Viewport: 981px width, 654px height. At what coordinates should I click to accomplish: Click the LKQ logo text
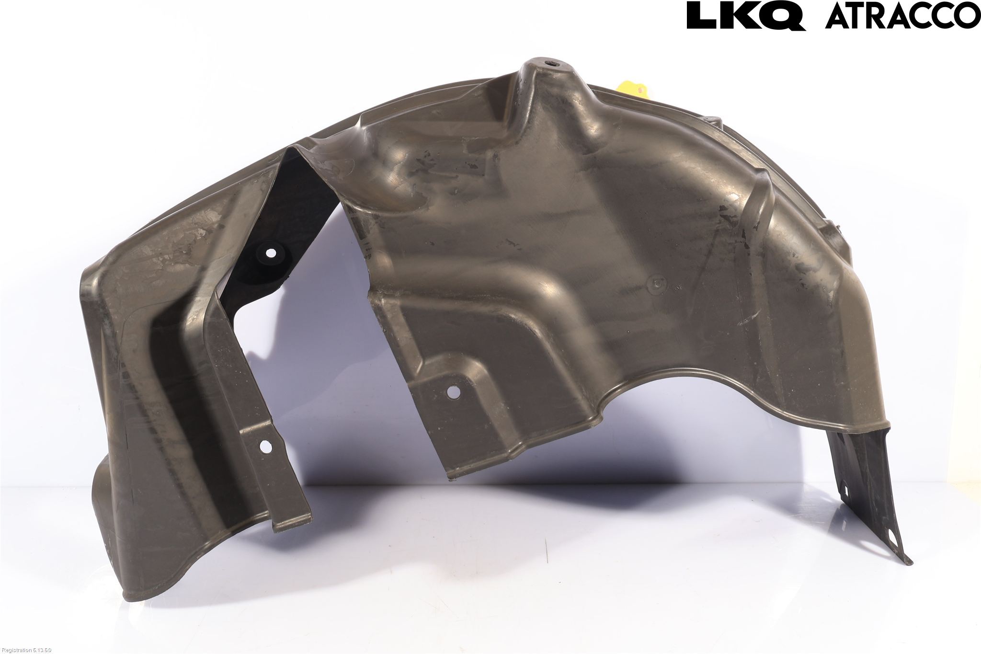pyautogui.click(x=745, y=16)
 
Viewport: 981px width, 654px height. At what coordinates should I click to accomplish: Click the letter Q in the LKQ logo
pyautogui.click(x=785, y=17)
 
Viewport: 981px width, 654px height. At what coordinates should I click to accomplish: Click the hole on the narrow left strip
pyautogui.click(x=264, y=446)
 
